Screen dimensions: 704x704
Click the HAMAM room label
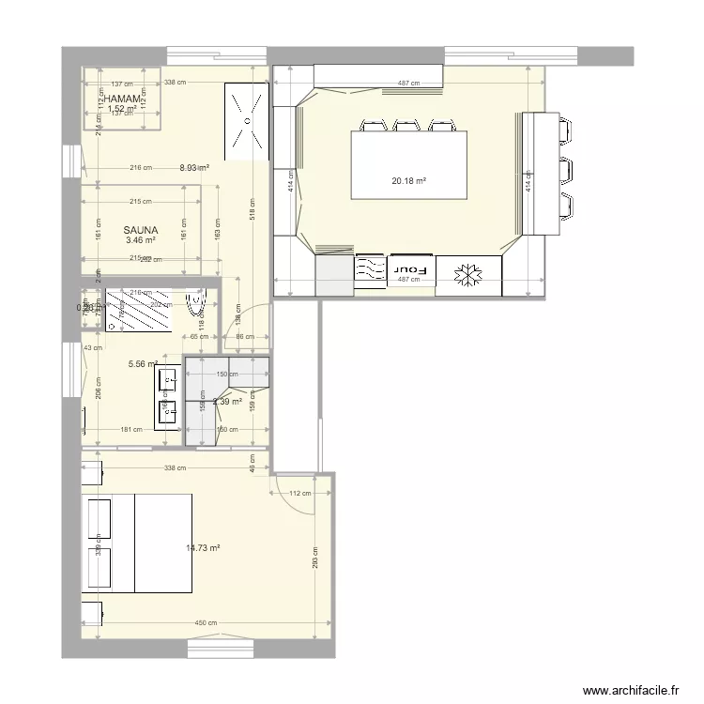coord(124,99)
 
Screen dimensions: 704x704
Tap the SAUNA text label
coord(140,229)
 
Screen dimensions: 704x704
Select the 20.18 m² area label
coord(409,182)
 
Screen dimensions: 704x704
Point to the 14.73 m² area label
coord(203,548)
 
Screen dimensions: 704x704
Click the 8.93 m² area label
coord(194,169)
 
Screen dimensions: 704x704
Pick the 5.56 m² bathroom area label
coord(143,365)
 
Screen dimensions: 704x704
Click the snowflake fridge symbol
coord(467,275)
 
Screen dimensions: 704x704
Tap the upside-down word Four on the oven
coord(411,269)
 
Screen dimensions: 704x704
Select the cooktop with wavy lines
coord(371,269)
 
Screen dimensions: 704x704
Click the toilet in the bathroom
coord(198,310)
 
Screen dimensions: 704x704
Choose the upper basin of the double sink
coord(170,380)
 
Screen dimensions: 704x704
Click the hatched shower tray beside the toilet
coord(137,310)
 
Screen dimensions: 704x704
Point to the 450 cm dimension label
coord(207,623)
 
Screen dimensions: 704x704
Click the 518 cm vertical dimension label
coord(253,212)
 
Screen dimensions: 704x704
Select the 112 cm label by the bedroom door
coord(299,494)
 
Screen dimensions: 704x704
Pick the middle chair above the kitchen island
coord(406,125)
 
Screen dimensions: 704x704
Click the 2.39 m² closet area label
coord(227,402)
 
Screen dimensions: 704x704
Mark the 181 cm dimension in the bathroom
coord(131,430)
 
